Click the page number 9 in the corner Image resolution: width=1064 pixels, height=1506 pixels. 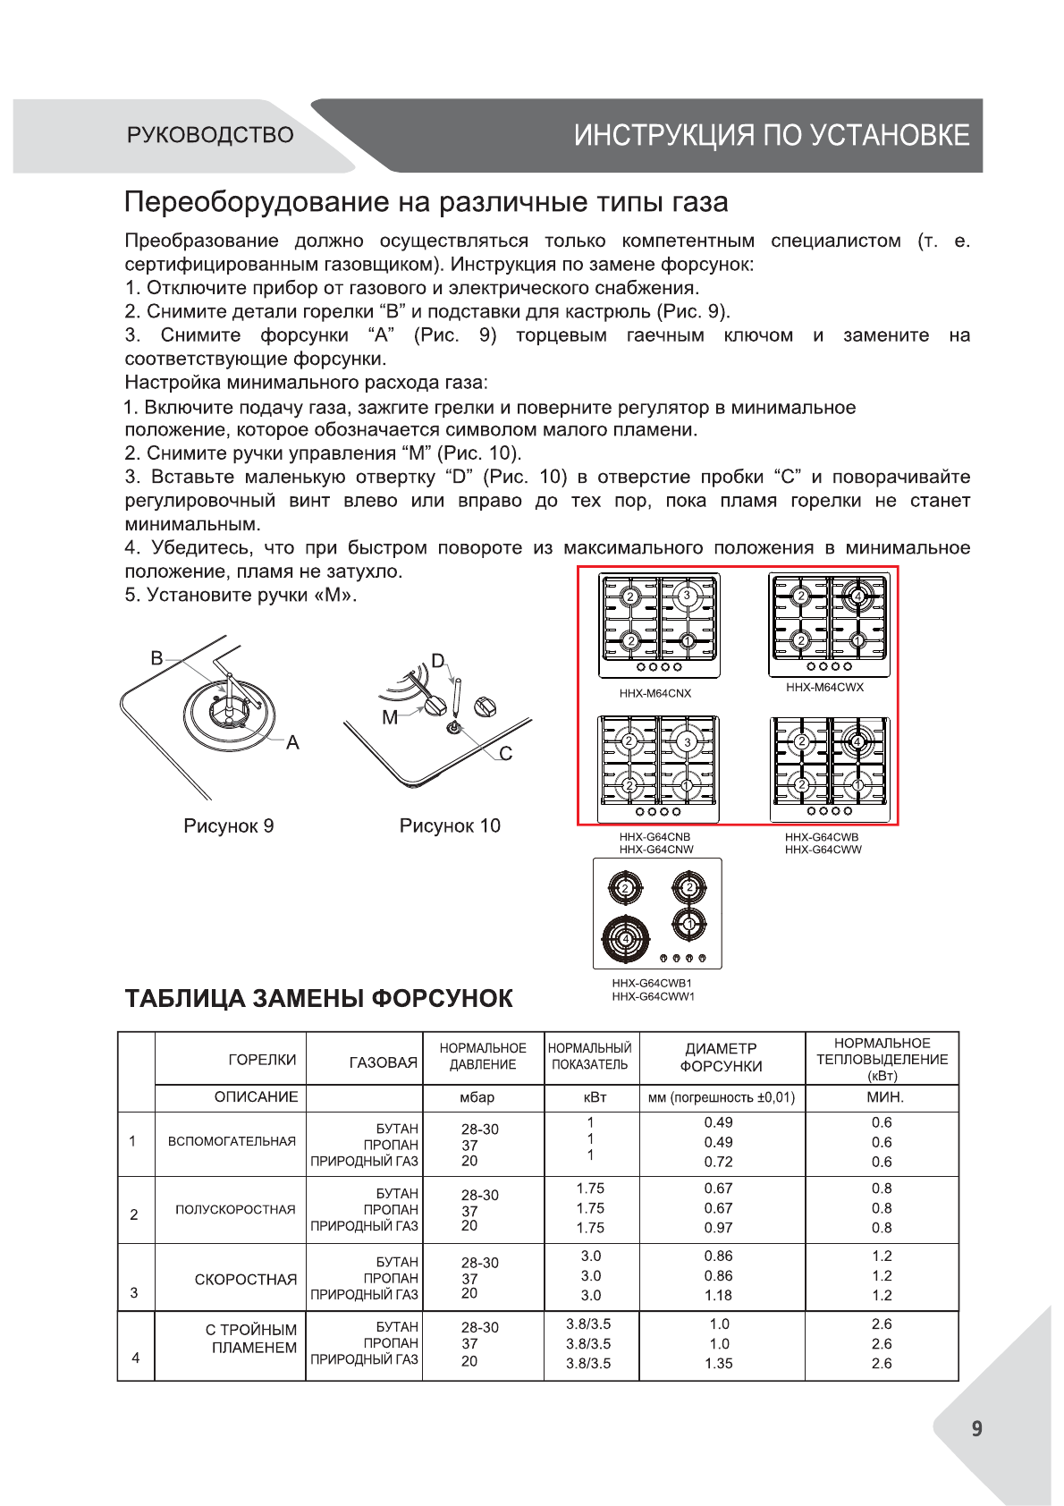976,1428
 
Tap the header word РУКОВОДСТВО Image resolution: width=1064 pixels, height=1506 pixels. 210,135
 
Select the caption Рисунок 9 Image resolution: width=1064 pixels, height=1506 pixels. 228,825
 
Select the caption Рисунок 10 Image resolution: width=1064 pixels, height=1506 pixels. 450,825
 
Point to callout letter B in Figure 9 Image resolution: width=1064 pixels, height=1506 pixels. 157,658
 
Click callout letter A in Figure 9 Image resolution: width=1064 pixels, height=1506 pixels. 292,742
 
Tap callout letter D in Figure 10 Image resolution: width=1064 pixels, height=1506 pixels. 438,661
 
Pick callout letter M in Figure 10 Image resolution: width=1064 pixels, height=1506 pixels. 390,717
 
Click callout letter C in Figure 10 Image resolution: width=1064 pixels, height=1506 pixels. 506,754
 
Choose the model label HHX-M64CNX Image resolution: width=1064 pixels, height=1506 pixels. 655,693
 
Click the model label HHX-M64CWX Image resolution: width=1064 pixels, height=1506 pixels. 824,687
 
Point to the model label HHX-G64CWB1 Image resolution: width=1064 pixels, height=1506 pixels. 652,983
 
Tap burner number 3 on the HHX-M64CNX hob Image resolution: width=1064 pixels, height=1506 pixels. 687,596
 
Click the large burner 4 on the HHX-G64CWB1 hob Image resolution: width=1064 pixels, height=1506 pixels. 626,938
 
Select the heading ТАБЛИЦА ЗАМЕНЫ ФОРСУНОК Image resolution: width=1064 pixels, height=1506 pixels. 318,998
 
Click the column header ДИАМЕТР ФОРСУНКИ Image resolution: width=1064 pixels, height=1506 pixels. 721,1057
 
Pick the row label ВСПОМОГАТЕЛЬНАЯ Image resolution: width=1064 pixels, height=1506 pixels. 232,1141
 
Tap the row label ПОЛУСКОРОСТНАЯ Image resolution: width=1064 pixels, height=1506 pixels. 235,1209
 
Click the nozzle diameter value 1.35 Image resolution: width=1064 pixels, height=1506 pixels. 719,1363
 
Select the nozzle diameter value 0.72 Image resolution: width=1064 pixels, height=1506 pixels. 719,1162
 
